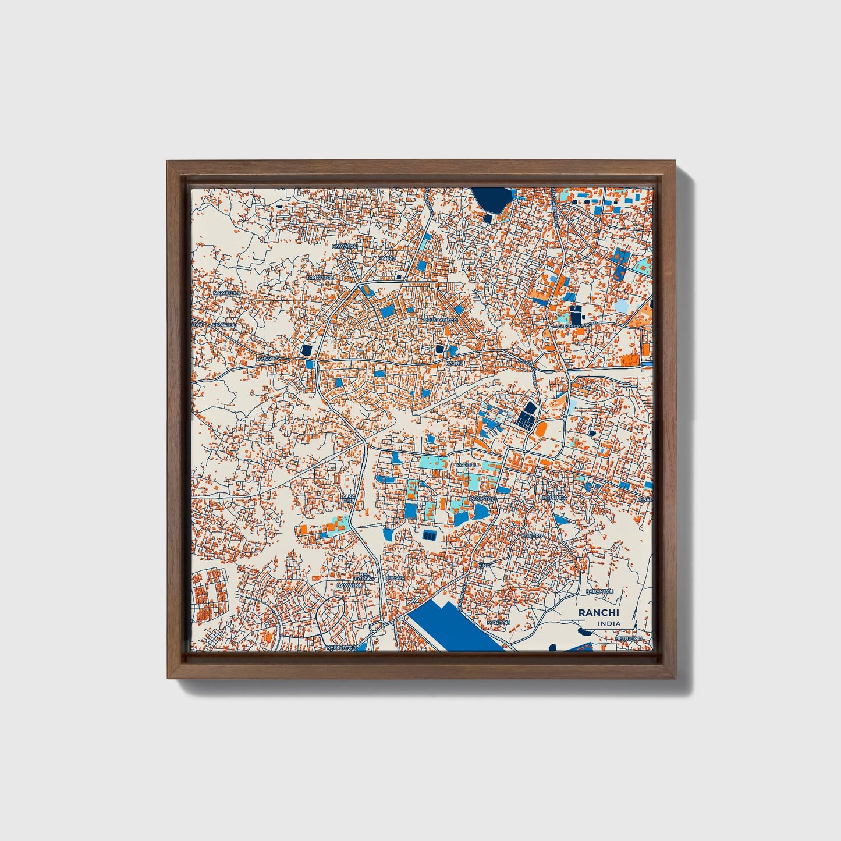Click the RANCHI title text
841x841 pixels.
(x=599, y=613)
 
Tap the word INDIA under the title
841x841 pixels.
(x=609, y=623)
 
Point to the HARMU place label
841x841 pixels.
(x=386, y=258)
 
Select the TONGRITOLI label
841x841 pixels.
(x=322, y=278)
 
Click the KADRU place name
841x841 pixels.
(x=454, y=363)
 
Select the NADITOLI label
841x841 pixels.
(x=467, y=465)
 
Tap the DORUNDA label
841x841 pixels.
(x=554, y=498)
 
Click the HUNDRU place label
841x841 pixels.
(x=531, y=535)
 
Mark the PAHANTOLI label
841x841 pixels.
(x=600, y=591)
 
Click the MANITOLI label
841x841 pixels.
(x=498, y=623)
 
